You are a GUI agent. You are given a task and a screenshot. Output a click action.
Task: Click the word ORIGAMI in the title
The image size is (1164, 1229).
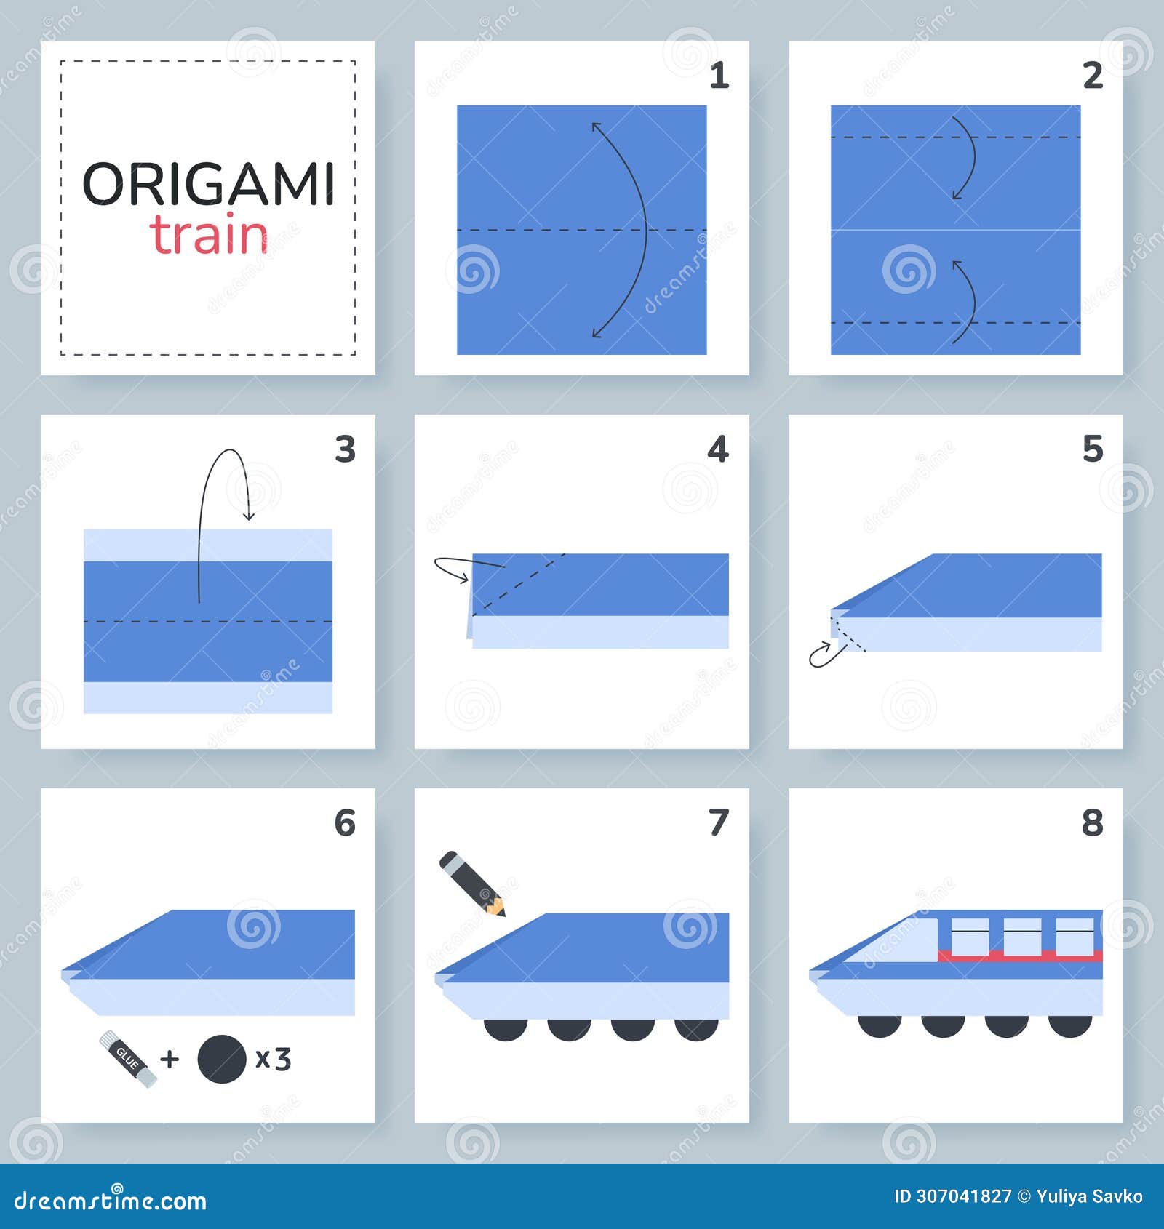pos(208,185)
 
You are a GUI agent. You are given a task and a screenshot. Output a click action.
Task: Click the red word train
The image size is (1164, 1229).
pos(210,236)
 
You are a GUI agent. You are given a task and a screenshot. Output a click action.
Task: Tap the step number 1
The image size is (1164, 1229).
pos(719,76)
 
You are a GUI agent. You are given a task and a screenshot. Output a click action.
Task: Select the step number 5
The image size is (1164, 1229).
pos(1092,449)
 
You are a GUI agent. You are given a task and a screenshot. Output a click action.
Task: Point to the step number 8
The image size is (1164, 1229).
pos(1092,823)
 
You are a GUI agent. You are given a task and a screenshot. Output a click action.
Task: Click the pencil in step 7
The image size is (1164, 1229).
pos(471,883)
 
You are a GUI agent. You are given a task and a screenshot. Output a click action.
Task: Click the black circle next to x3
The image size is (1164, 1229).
pos(222,1059)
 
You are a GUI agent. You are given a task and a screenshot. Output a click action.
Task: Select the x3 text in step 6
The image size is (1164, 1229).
pos(274,1059)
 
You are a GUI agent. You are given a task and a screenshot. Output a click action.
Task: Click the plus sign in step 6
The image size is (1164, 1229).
pos(170,1059)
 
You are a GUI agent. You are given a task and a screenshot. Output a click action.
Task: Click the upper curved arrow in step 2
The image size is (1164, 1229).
pos(968,156)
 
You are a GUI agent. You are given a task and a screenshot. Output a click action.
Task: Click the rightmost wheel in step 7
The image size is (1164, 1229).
pos(696,1029)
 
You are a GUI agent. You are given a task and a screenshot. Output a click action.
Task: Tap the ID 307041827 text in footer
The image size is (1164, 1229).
pos(952,1196)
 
